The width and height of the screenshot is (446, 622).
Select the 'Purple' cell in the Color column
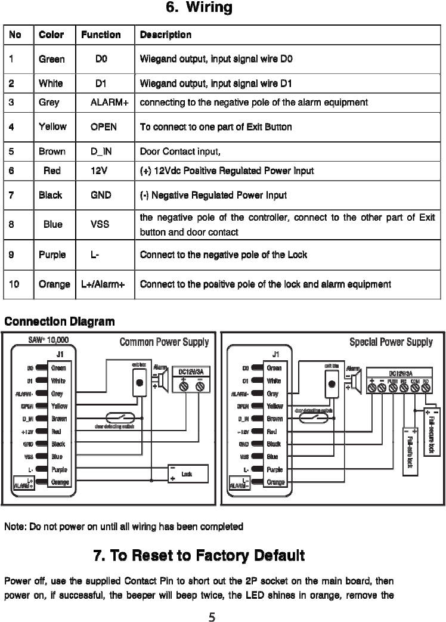click(52, 255)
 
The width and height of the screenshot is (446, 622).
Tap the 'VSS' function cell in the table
click(99, 224)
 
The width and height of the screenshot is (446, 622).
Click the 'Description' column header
click(165, 35)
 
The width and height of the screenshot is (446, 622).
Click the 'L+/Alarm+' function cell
click(103, 284)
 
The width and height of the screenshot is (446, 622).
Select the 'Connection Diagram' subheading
click(59, 322)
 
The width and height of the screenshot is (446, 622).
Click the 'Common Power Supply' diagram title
click(164, 342)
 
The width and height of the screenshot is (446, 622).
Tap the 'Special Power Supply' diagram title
click(391, 342)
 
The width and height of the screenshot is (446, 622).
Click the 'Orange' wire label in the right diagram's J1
click(275, 482)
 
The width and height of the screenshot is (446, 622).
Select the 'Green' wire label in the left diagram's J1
click(58, 369)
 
